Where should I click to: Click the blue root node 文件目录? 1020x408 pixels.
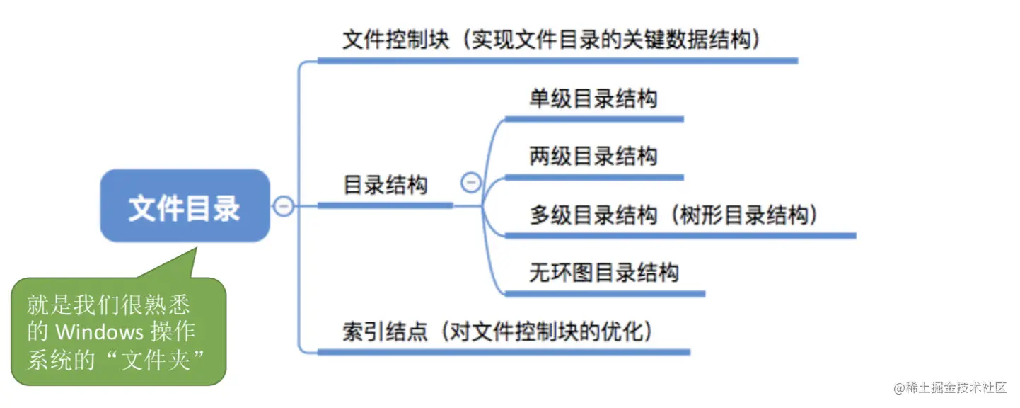185,206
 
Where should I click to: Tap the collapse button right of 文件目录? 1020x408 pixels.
283,206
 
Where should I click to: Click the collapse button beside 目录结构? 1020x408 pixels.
470,183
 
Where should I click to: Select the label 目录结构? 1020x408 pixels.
386,186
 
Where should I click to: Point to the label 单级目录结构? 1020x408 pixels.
593,98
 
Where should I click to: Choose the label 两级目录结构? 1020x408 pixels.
593,156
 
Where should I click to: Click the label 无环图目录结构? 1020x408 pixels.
604,273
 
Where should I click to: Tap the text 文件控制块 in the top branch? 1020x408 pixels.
396,40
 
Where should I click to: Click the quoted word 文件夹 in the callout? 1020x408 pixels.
154,359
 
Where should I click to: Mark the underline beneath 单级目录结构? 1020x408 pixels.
593,119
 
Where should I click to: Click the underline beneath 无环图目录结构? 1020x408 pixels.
604,293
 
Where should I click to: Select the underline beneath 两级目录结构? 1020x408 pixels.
593,176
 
